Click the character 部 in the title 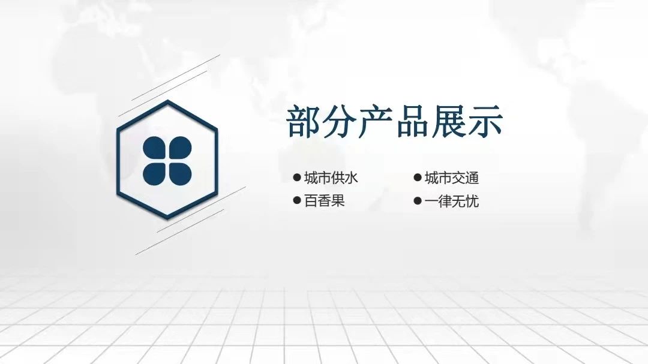pyautogui.click(x=304, y=121)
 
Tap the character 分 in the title pyautogui.click(x=340, y=121)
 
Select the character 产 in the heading pyautogui.click(x=376, y=121)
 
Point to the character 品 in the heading pyautogui.click(x=413, y=121)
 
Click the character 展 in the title pyautogui.click(x=449, y=121)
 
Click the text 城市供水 pyautogui.click(x=331, y=178)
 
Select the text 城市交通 pyautogui.click(x=452, y=178)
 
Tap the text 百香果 pyautogui.click(x=325, y=201)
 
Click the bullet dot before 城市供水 pyautogui.click(x=296, y=178)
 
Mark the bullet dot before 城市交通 pyautogui.click(x=418, y=178)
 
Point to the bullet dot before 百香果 pyautogui.click(x=296, y=201)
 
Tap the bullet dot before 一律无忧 pyautogui.click(x=418, y=201)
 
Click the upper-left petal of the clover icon pyautogui.click(x=154, y=148)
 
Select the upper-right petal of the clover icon pyautogui.click(x=180, y=148)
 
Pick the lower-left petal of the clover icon pyautogui.click(x=154, y=173)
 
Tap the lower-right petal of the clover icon pyautogui.click(x=180, y=173)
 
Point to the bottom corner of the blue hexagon pyautogui.click(x=167, y=218)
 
